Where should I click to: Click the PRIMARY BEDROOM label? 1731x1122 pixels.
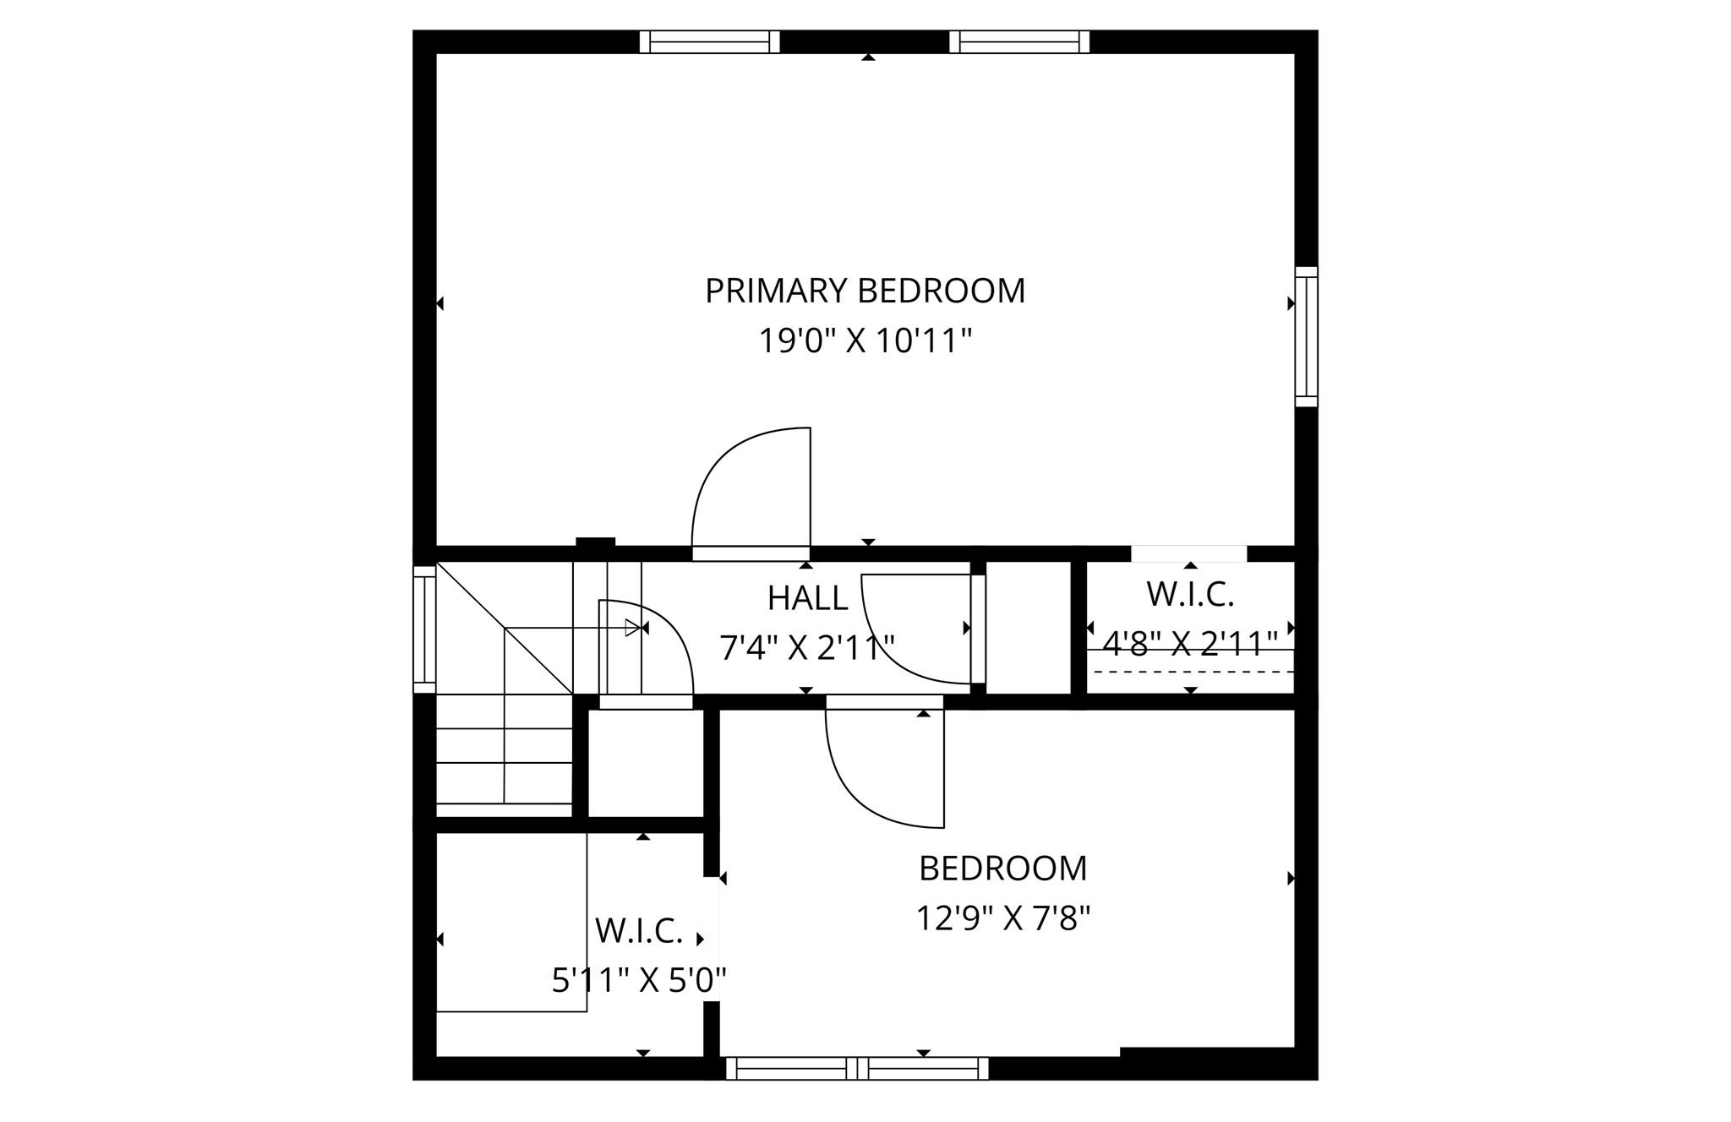(x=865, y=291)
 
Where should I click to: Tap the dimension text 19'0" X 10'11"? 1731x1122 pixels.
(x=865, y=342)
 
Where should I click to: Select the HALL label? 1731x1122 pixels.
(x=807, y=598)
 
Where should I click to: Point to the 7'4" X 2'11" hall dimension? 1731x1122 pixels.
(x=806, y=648)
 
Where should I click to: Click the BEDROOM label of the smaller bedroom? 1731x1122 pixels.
(x=1002, y=869)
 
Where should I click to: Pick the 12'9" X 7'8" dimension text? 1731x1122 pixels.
(x=1002, y=918)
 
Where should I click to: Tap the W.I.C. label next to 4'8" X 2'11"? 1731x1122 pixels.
(x=1190, y=595)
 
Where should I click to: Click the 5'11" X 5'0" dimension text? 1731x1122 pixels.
(x=639, y=981)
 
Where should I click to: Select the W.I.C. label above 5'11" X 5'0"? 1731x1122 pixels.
(x=639, y=931)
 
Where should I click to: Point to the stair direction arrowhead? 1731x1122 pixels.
(x=631, y=628)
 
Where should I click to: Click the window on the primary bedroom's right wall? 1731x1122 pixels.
(x=1306, y=336)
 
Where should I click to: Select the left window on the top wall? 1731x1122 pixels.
(x=709, y=41)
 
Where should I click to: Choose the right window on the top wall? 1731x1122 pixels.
(x=1019, y=41)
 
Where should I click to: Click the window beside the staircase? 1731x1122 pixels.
(x=424, y=629)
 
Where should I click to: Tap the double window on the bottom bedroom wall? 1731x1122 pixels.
(x=857, y=1068)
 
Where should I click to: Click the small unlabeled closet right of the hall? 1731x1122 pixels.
(x=1029, y=627)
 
